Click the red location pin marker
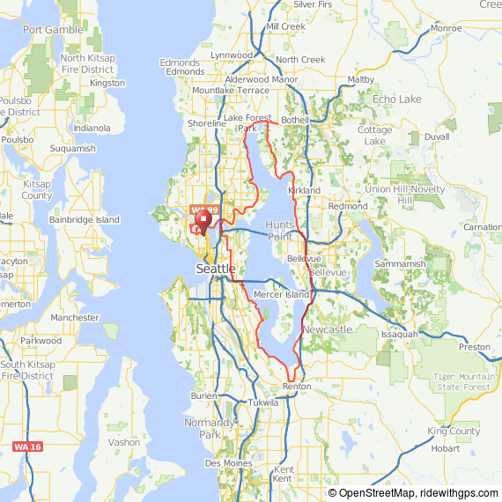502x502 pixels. click(204, 219)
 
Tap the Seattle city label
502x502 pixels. click(216, 268)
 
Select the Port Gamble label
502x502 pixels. click(53, 29)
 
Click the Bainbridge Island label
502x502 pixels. click(85, 218)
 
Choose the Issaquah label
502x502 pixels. click(400, 335)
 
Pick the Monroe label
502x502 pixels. click(447, 28)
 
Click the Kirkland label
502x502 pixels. click(304, 190)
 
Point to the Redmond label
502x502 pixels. click(347, 206)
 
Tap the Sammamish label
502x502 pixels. click(400, 263)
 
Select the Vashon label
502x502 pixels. click(123, 442)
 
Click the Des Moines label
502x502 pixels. click(226, 462)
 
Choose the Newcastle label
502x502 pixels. click(327, 329)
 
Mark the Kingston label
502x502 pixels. click(107, 83)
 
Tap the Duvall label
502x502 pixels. click(436, 137)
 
